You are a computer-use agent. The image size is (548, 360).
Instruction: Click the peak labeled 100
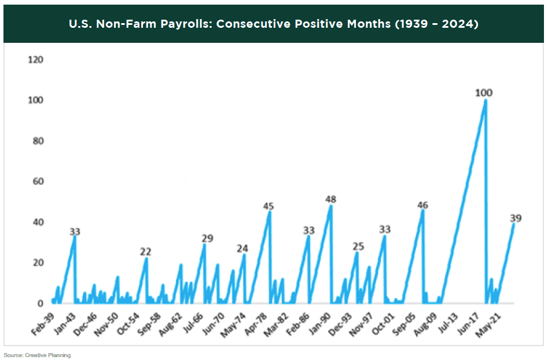coord(485,100)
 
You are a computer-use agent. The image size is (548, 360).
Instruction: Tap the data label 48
coord(331,199)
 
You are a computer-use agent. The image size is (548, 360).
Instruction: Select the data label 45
coord(269,205)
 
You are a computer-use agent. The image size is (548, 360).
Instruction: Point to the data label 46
coord(422,205)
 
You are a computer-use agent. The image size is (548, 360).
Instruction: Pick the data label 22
coord(146,251)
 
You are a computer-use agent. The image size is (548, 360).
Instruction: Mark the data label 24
coord(242,248)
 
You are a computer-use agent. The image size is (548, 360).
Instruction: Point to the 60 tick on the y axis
coord(38,182)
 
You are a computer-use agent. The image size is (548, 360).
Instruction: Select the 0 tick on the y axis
coord(41,303)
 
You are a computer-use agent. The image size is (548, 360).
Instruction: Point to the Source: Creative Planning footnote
coord(37,355)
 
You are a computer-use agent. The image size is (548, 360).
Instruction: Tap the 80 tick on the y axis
coord(38,141)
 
